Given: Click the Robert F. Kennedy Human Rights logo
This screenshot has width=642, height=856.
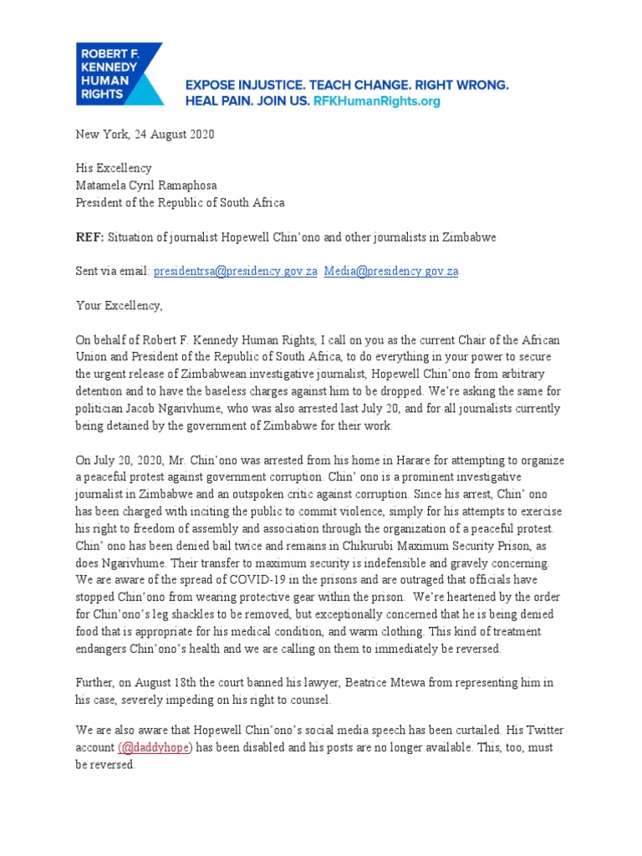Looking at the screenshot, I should [x=120, y=74].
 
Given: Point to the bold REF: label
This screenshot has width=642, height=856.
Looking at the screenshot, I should [x=89, y=237].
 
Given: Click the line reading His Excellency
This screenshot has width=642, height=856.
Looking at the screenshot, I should [x=114, y=169].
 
